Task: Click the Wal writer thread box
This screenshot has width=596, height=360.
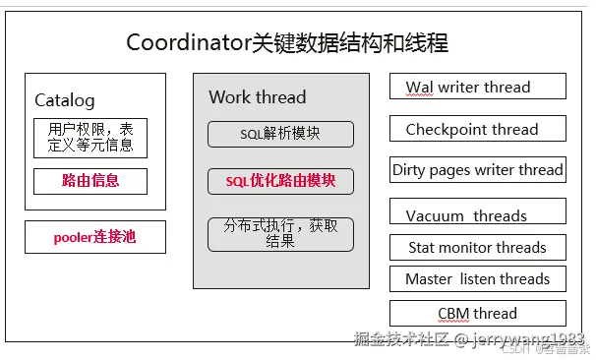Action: (478, 87)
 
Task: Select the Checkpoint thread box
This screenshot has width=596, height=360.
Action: (478, 129)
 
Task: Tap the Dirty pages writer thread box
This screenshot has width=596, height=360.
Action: (478, 170)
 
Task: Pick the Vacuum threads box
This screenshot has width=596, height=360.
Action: (478, 214)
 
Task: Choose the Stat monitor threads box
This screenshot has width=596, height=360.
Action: (478, 247)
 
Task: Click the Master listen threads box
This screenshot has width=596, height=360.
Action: (478, 278)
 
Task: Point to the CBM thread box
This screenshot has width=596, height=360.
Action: (478, 313)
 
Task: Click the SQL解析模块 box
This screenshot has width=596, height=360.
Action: (280, 134)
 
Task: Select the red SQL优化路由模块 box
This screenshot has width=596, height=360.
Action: (280, 181)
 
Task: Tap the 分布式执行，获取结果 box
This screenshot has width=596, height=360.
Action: (280, 233)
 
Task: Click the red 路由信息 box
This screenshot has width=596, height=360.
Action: (90, 181)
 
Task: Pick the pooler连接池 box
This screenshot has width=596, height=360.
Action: (94, 237)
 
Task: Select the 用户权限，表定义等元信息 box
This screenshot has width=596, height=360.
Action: (90, 138)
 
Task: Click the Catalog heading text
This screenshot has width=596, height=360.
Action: (65, 100)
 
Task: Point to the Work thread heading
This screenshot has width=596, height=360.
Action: (258, 97)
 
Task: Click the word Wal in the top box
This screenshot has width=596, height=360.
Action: (420, 87)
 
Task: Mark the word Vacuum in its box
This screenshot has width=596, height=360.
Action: (434, 215)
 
